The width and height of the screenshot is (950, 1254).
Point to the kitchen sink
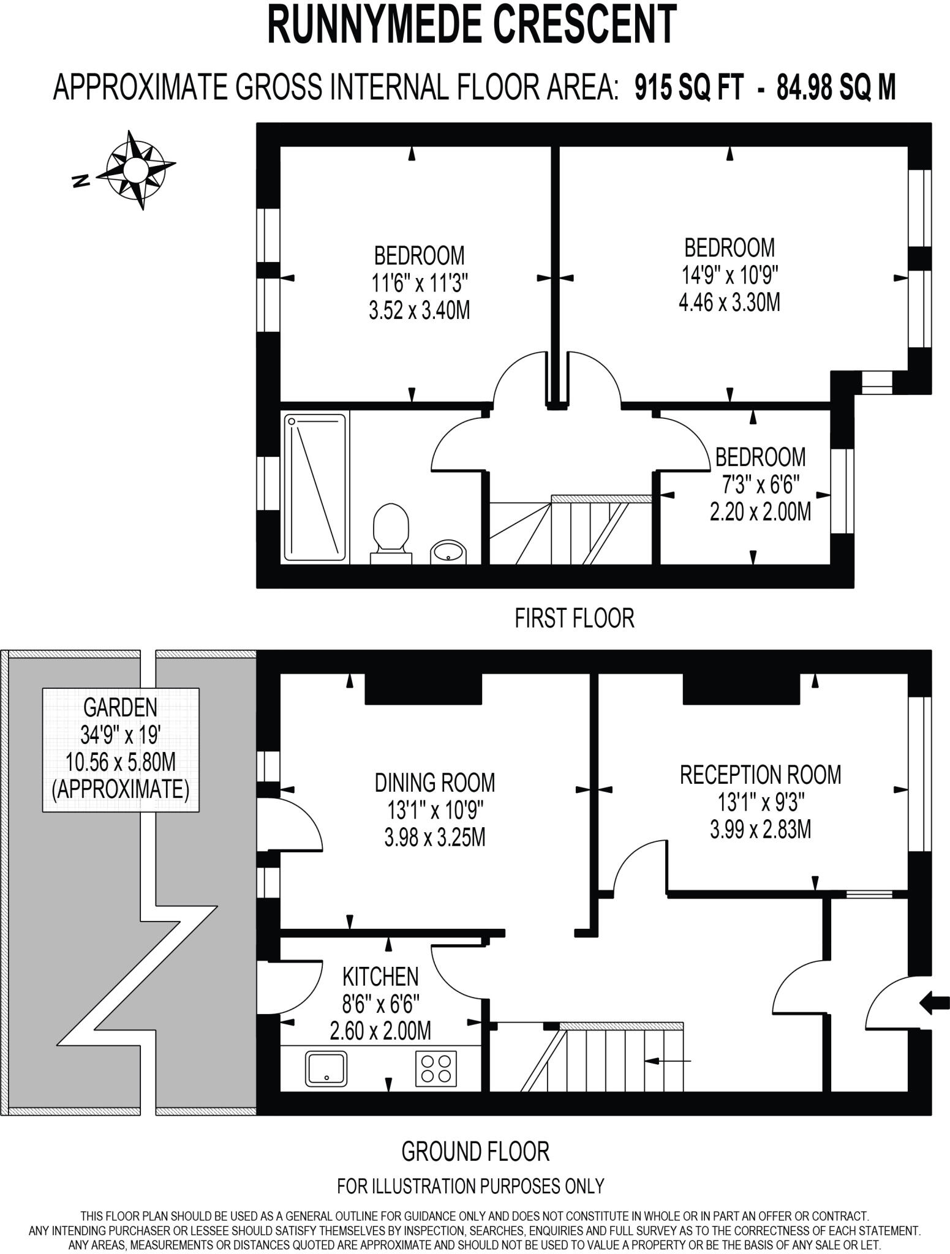[326, 1068]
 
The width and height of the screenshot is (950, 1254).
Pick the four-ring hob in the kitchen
[436, 1068]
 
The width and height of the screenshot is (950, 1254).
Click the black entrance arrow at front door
[935, 1002]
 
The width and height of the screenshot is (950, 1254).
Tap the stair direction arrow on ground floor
[668, 1061]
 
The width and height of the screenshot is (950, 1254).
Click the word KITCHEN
[380, 976]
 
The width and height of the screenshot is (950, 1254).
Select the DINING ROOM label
[434, 783]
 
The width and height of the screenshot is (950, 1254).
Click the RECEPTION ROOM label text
[760, 775]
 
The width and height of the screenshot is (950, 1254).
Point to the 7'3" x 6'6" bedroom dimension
[760, 485]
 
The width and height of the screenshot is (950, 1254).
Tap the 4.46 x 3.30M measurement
[729, 302]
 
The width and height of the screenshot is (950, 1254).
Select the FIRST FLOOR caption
[574, 618]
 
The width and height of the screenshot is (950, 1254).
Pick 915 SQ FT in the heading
[689, 88]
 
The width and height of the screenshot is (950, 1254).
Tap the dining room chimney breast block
[423, 689]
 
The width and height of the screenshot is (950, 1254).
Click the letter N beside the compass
[80, 181]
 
